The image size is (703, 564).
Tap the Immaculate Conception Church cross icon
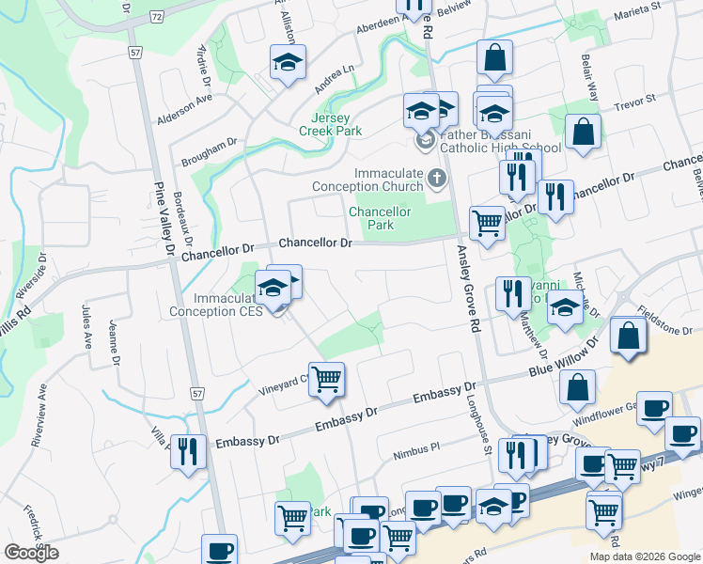coord(436,177)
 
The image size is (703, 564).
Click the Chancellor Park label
coord(380,218)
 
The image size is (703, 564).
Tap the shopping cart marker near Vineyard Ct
coord(327,379)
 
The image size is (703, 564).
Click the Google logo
coord(31,553)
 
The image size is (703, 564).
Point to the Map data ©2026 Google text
coord(645,556)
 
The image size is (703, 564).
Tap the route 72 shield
coord(156,17)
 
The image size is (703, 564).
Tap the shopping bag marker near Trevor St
coord(583,133)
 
